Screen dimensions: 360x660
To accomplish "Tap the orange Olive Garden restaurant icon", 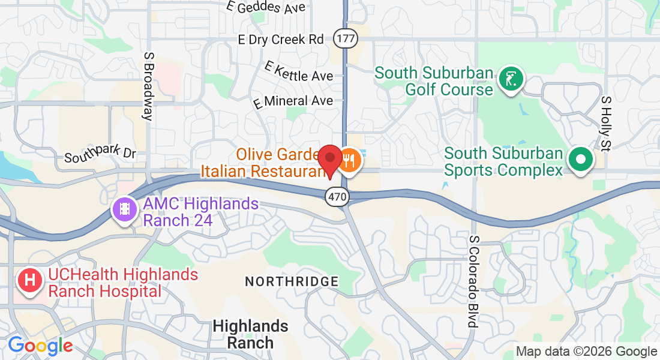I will [350, 161].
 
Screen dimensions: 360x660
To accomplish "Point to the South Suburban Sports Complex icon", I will [581, 160].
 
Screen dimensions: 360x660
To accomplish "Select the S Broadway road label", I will [148, 86].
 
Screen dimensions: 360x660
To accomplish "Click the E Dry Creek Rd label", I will [281, 40].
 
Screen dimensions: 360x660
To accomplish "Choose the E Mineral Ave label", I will [293, 101].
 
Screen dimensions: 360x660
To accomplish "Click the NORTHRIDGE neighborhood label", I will [292, 281].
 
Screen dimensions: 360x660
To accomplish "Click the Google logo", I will [40, 346].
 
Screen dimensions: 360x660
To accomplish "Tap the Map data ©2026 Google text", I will [586, 352].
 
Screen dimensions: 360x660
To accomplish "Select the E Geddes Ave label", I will [266, 7].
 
